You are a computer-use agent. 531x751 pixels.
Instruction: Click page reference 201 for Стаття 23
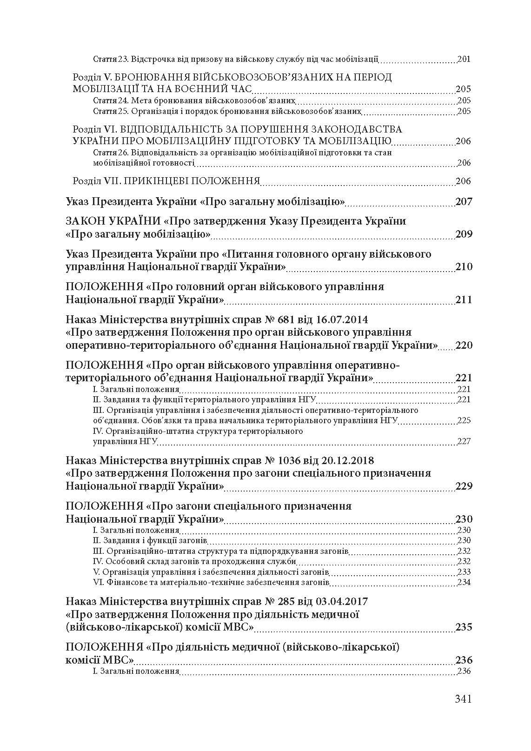point(464,60)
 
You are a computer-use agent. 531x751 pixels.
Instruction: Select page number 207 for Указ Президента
point(464,202)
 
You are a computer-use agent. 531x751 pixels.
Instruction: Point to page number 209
point(464,234)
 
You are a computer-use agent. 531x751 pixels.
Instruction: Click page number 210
point(464,267)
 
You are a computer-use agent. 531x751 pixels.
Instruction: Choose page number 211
point(464,299)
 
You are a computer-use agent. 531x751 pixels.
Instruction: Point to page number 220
point(464,346)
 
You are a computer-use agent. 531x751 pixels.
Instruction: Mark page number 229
point(464,486)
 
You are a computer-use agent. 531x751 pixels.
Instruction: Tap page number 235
point(464,627)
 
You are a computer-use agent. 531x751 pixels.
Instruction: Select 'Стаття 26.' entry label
point(111,153)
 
